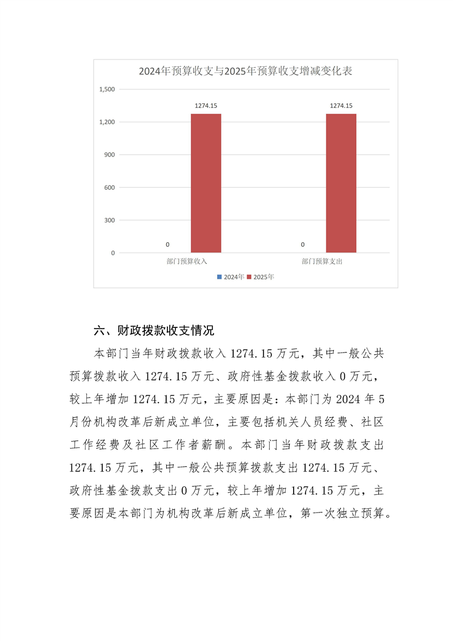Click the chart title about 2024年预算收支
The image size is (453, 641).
pos(245,71)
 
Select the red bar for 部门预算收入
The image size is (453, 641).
pos(206,183)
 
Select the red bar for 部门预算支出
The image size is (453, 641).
pos(341,183)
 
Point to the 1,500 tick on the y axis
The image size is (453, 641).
pos(107,90)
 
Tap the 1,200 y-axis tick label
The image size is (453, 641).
pos(107,122)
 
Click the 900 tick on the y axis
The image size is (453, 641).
pos(109,155)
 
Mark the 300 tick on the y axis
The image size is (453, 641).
pos(109,221)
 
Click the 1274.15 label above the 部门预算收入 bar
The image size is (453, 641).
pos(206,106)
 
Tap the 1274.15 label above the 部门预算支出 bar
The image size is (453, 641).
pos(341,106)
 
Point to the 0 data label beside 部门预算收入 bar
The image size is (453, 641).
pos(167,245)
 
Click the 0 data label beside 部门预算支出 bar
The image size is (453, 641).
pos(303,245)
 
